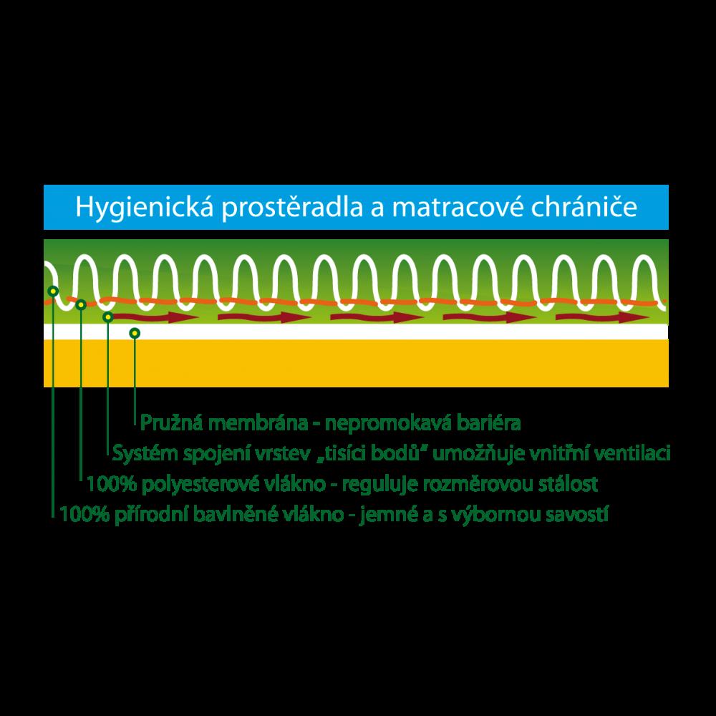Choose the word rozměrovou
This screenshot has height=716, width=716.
(478, 484)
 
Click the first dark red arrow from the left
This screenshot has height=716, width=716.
(155, 317)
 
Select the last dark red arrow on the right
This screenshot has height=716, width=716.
(602, 317)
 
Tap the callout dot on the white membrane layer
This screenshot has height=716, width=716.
(135, 334)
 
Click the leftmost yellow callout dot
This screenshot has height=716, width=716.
(54, 291)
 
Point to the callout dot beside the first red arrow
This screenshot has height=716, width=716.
(108, 317)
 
